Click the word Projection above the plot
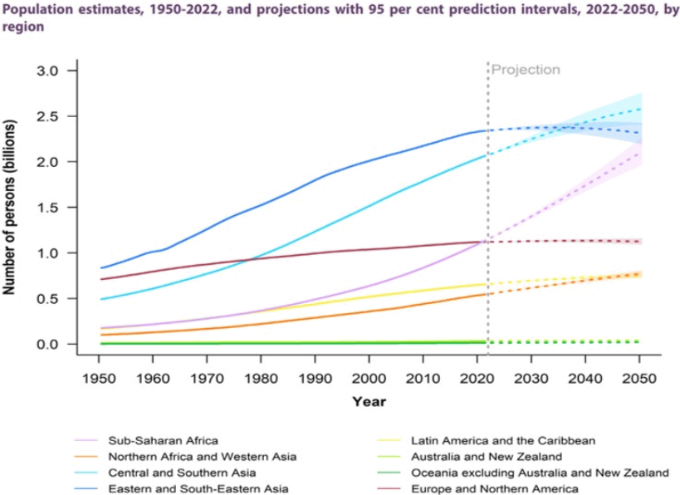click(526, 70)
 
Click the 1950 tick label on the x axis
click(99, 378)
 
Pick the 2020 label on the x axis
click(477, 378)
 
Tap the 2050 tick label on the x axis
click(639, 378)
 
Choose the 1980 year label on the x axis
click(261, 378)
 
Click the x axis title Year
click(368, 402)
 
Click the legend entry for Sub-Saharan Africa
click(158, 440)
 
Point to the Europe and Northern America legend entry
click(495, 488)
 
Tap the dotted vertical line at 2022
click(487, 208)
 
